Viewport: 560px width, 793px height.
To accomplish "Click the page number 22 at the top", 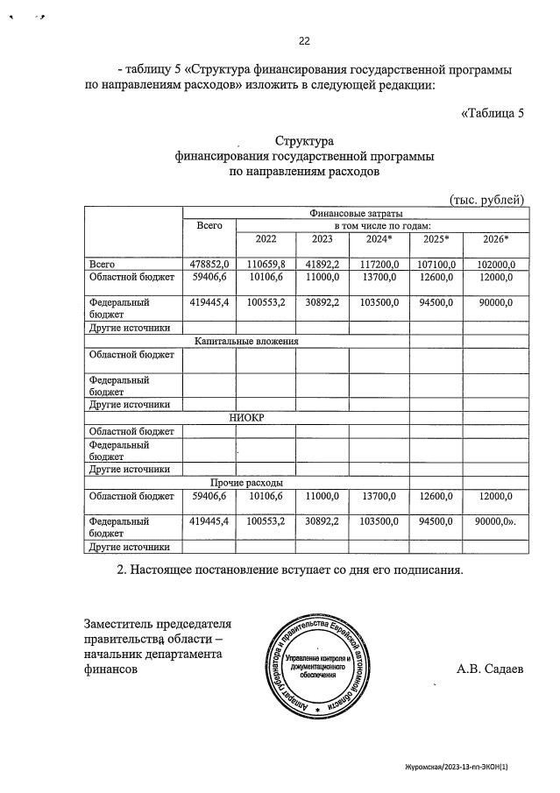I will [304, 40].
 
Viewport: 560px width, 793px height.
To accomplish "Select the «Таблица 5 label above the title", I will [492, 112].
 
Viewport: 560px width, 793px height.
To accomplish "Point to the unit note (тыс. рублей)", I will [486, 200].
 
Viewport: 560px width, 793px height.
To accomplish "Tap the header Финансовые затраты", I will [355, 213].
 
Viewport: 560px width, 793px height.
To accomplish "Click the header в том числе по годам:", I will [382, 225].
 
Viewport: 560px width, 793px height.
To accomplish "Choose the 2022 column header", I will [266, 239].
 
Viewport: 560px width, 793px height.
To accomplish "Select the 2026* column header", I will [496, 239].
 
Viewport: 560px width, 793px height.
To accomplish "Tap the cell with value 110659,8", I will [266, 264].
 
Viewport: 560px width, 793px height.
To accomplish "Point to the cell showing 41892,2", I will [322, 264].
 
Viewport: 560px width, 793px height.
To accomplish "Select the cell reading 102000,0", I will [496, 264].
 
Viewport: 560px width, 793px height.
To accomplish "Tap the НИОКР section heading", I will [246, 417].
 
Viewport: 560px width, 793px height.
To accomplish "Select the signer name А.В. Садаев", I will [489, 668].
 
